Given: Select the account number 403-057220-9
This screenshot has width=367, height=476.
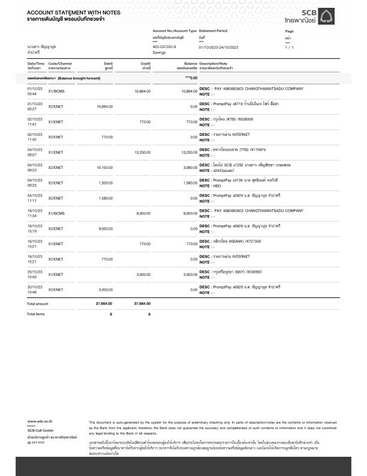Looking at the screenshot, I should [x=164, y=46].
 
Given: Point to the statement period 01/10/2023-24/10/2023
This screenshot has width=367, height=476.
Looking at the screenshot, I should [x=218, y=46].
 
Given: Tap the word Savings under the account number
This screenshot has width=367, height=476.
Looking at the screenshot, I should [x=159, y=52].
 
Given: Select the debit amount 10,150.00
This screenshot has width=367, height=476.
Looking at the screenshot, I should [x=104, y=167].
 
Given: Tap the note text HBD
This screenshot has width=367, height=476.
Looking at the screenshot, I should [x=219, y=186].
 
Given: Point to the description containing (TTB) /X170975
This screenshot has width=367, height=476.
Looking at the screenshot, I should [x=240, y=149].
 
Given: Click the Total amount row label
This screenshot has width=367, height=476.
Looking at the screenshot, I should [x=38, y=304].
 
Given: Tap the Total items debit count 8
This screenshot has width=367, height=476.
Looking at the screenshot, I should [x=111, y=314].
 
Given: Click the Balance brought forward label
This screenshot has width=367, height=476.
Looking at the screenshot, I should [x=64, y=79].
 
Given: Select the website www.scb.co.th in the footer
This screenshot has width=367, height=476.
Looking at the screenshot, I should [x=40, y=423].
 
